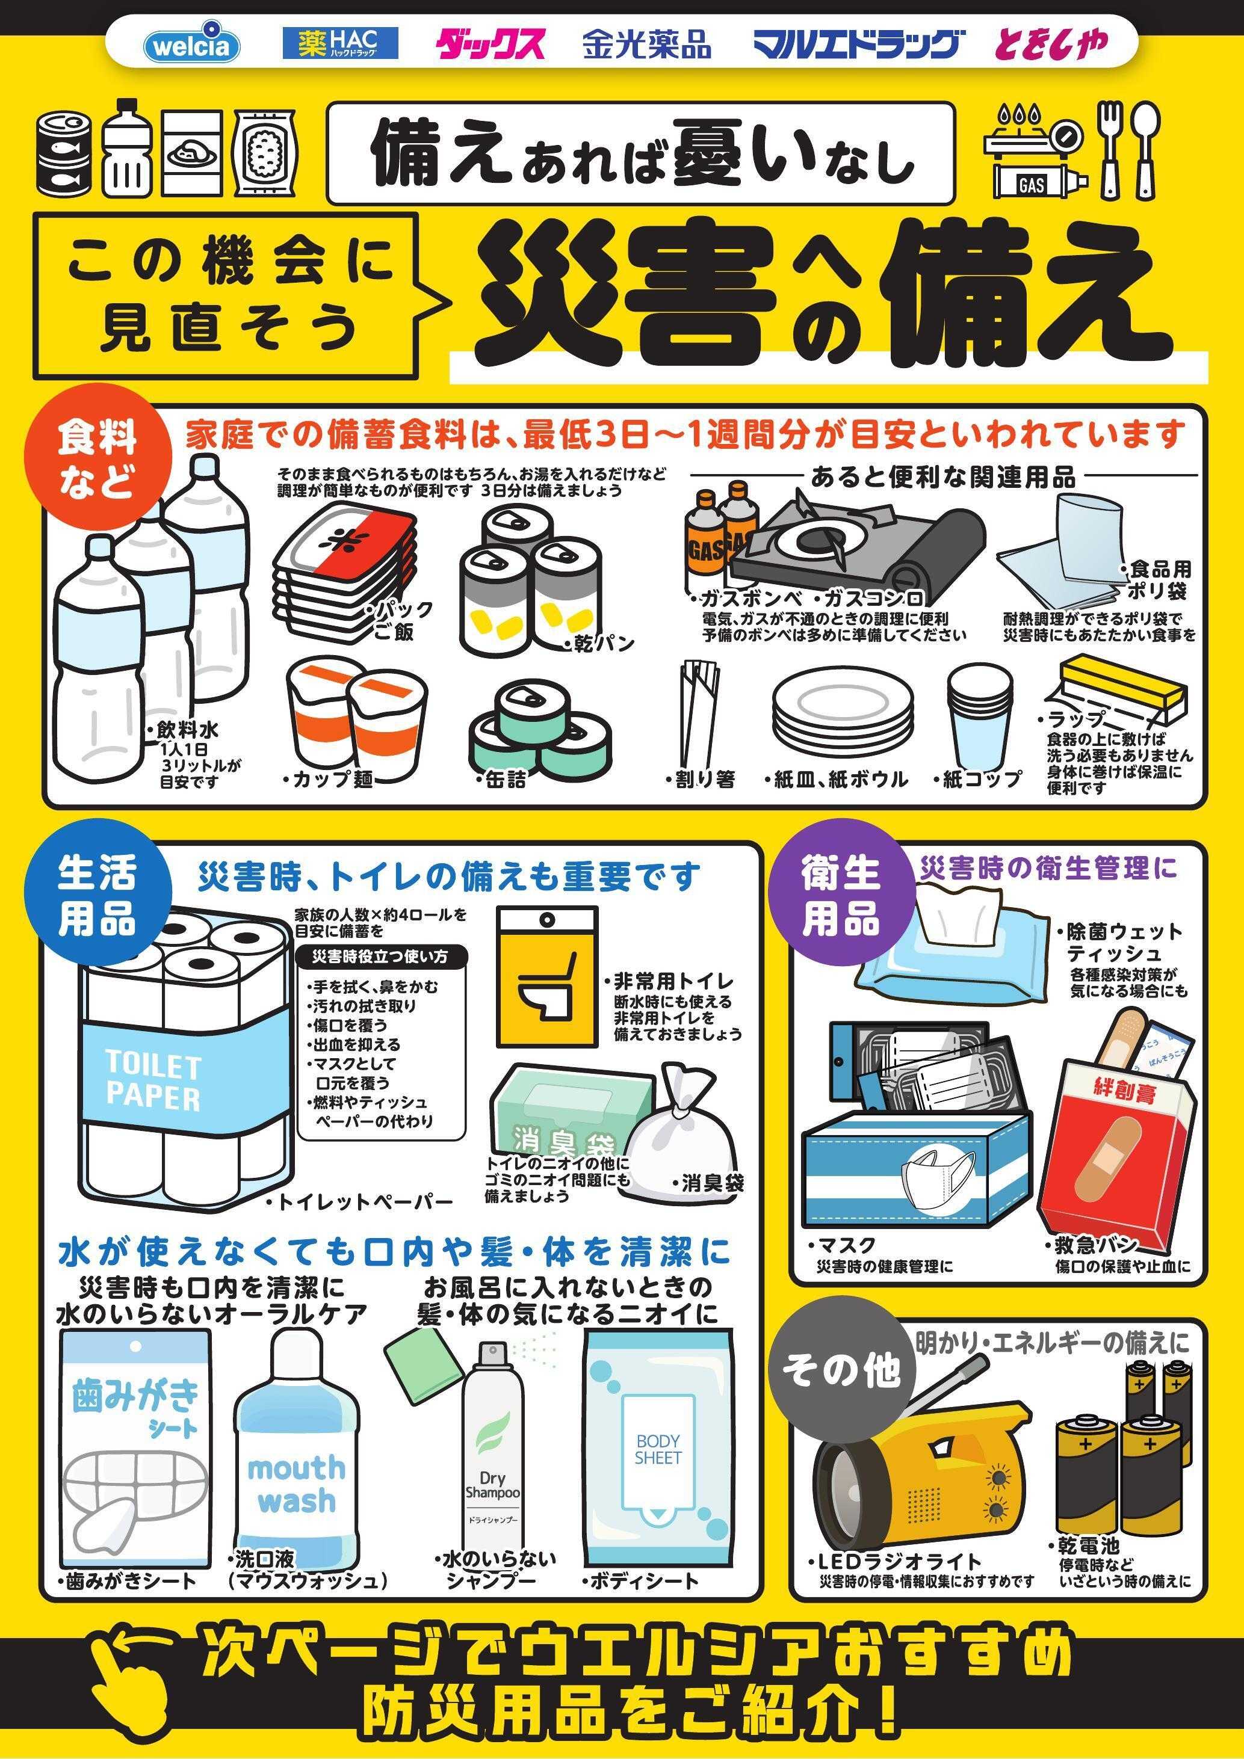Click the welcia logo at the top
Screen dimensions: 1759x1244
coord(191,45)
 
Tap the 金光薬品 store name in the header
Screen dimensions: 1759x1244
coord(646,45)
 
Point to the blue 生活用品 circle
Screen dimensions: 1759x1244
coord(97,896)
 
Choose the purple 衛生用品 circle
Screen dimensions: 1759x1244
coord(841,896)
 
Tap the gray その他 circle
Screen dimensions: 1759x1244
coord(841,1369)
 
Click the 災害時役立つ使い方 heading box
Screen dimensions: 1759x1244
coord(380,957)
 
